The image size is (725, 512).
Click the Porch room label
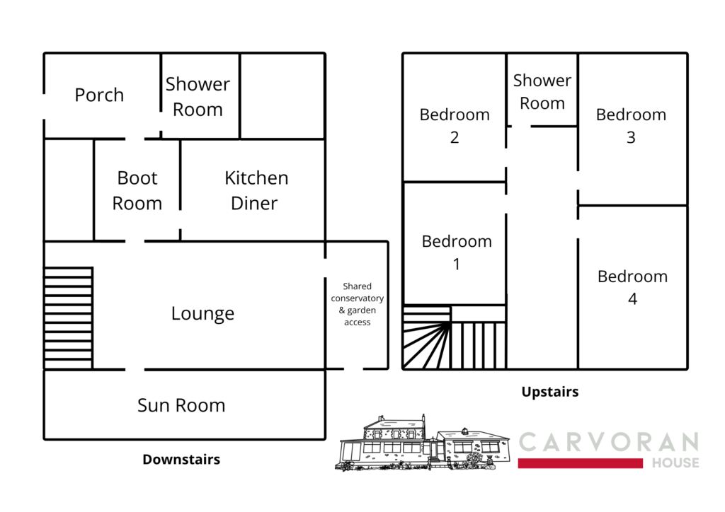tap(99, 95)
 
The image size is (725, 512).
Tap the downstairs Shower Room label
tap(198, 97)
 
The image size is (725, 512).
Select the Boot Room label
tap(137, 191)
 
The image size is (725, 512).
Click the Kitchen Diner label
tap(256, 191)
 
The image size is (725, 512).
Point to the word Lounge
tap(202, 313)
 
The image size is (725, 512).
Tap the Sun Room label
tap(181, 405)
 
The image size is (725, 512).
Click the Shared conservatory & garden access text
tap(357, 304)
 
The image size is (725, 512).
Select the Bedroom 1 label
tap(457, 252)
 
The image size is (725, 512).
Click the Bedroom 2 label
tap(455, 126)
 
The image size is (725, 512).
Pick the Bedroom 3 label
tap(631, 126)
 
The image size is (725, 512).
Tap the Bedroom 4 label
tap(632, 287)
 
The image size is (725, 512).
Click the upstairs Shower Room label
tap(542, 91)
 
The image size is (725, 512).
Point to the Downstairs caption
tap(181, 460)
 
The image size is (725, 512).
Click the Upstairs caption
tap(550, 392)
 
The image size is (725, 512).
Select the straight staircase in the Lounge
tap(69, 318)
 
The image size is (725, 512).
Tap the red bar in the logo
tap(581, 463)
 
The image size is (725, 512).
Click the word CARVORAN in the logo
tap(608, 442)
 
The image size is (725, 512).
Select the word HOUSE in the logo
tap(675, 462)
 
